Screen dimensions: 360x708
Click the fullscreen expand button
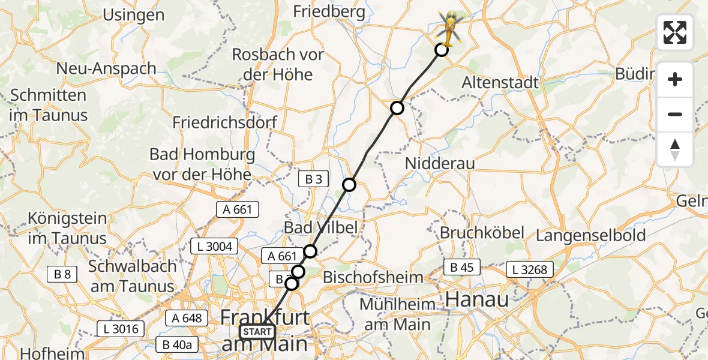click(675, 32)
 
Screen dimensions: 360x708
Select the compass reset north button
click(675, 149)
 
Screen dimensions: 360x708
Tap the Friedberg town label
click(329, 11)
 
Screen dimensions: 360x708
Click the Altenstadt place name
click(500, 82)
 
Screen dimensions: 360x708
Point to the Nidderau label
click(440, 163)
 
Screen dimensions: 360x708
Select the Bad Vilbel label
click(320, 227)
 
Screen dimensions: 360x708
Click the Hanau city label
click(478, 298)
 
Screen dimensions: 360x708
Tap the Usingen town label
click(134, 15)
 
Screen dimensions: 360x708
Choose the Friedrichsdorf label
click(225, 122)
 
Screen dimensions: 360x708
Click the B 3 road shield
click(314, 179)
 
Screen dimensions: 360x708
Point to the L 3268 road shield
click(529, 269)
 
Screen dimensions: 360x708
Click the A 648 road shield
click(187, 317)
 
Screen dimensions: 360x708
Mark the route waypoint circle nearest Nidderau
click(397, 108)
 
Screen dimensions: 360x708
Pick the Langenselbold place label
click(590, 235)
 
